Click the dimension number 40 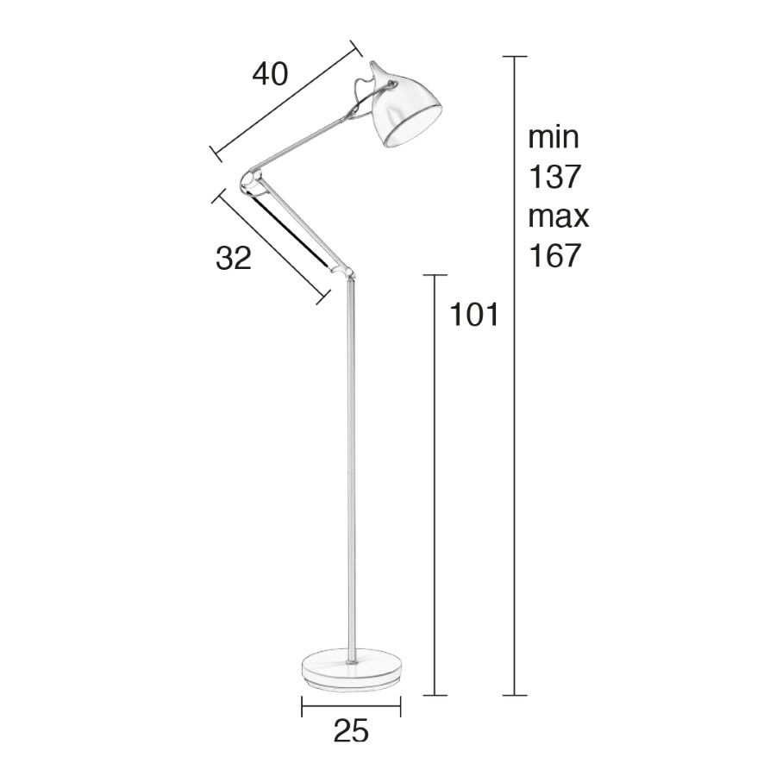[x=270, y=75]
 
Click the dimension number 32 [x=234, y=258]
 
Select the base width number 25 [x=352, y=731]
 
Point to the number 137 [x=554, y=177]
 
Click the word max [x=558, y=216]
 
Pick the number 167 [x=554, y=256]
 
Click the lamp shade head [x=404, y=109]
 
